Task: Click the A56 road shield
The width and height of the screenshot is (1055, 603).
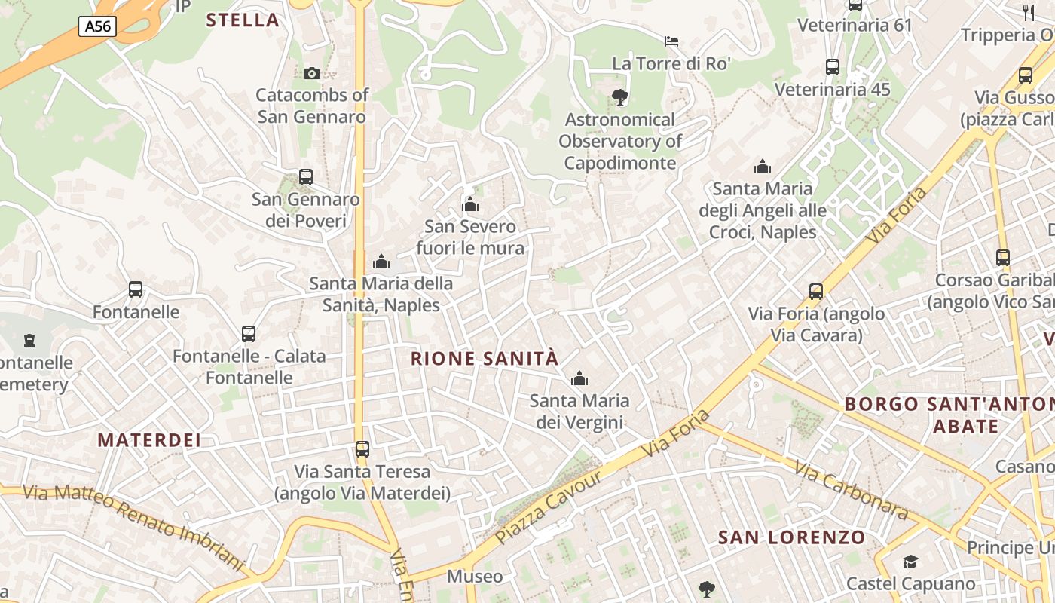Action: [x=97, y=26]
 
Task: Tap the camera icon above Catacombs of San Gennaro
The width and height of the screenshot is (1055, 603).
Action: [x=311, y=73]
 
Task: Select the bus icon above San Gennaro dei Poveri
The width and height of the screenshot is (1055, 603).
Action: [x=305, y=177]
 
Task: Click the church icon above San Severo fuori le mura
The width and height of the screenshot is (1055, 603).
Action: [x=470, y=204]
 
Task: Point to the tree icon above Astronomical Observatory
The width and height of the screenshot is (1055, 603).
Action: [x=619, y=96]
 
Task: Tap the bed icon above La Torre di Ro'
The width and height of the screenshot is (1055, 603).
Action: [x=671, y=41]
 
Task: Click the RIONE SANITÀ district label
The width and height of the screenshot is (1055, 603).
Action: [x=485, y=358]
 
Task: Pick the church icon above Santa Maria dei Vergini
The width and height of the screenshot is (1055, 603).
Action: [x=579, y=378]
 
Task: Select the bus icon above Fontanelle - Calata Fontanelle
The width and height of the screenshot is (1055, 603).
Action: [x=249, y=333]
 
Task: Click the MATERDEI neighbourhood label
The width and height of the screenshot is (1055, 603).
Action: [x=150, y=440]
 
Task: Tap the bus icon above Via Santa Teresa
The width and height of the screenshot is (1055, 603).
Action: [x=362, y=449]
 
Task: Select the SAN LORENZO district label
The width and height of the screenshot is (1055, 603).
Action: [x=792, y=537]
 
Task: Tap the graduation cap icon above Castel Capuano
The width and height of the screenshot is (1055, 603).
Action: [x=910, y=562]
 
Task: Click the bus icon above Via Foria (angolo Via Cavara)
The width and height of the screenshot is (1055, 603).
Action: [x=815, y=292]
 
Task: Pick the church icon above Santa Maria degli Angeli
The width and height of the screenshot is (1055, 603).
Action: [x=762, y=167]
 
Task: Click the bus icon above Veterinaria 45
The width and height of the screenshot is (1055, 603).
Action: [x=833, y=67]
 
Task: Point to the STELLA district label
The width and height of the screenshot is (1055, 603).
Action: [x=243, y=20]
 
